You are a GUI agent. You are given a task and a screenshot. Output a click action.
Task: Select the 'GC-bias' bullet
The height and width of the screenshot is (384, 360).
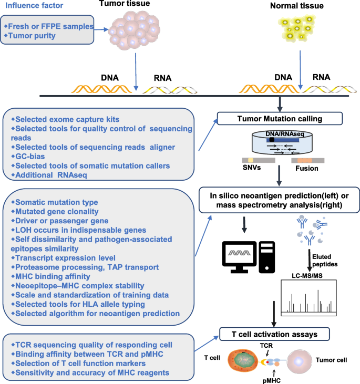click(32, 157)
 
